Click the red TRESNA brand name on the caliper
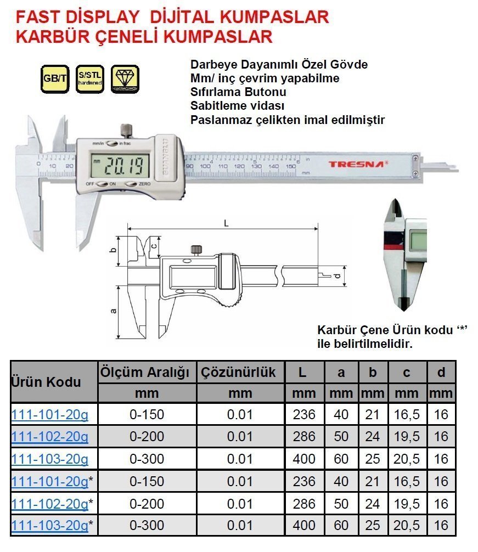click(x=351, y=164)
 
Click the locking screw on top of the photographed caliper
click(x=126, y=131)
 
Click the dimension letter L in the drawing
click(x=226, y=222)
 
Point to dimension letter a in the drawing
click(x=114, y=311)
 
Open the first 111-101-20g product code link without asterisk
click(x=49, y=414)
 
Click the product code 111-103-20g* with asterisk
click(x=49, y=525)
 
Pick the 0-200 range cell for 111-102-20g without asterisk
click(x=147, y=437)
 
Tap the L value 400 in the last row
click(x=304, y=525)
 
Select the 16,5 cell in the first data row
click(x=407, y=414)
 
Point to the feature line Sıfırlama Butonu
click(x=238, y=92)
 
